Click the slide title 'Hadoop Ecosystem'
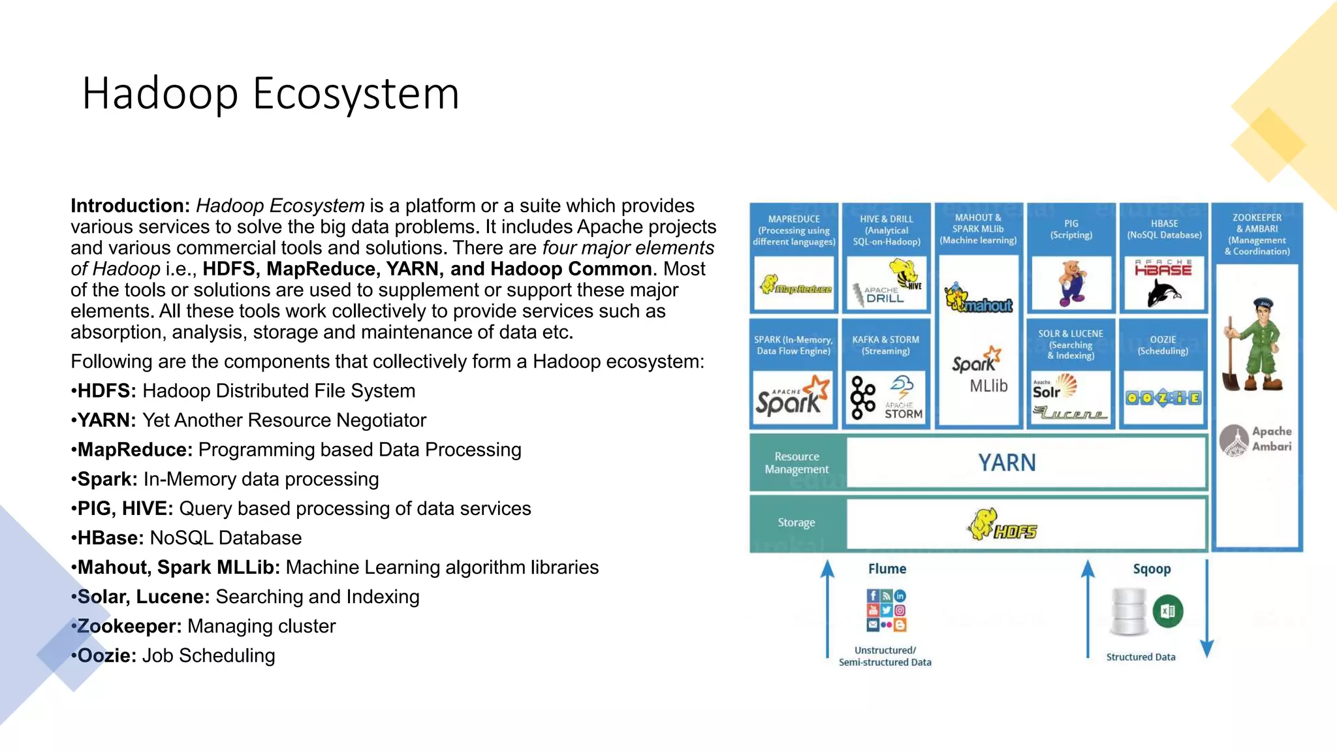(270, 93)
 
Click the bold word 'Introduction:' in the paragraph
(130, 206)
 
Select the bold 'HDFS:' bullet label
(106, 391)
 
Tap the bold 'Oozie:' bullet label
(106, 655)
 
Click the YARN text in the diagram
(1006, 463)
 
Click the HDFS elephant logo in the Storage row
(1001, 525)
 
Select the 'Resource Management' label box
(796, 463)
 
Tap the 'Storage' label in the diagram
(796, 522)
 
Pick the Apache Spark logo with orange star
(793, 396)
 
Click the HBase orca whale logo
(1164, 292)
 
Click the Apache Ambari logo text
(1270, 439)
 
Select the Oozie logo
(1163, 398)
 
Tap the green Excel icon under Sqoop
(1168, 612)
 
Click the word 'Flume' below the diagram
(887, 569)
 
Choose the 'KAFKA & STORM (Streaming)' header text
(885, 345)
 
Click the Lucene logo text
(1070, 413)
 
